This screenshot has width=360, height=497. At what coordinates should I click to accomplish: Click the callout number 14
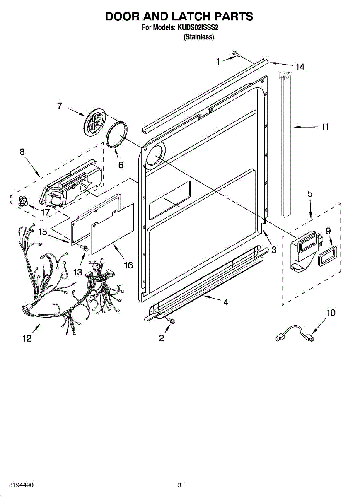click(x=300, y=67)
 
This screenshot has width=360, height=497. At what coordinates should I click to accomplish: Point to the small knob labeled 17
click(x=23, y=201)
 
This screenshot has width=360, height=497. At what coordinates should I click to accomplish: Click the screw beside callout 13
click(x=84, y=248)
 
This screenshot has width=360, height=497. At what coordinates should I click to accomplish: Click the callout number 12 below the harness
click(x=27, y=339)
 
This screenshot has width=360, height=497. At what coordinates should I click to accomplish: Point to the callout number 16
click(x=128, y=265)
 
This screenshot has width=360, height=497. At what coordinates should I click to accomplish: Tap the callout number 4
click(x=225, y=302)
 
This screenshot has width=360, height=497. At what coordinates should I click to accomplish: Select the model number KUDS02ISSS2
click(x=198, y=27)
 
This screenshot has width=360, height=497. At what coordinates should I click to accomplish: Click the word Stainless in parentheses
click(x=199, y=37)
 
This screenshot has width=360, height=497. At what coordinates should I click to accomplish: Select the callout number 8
click(x=22, y=152)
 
